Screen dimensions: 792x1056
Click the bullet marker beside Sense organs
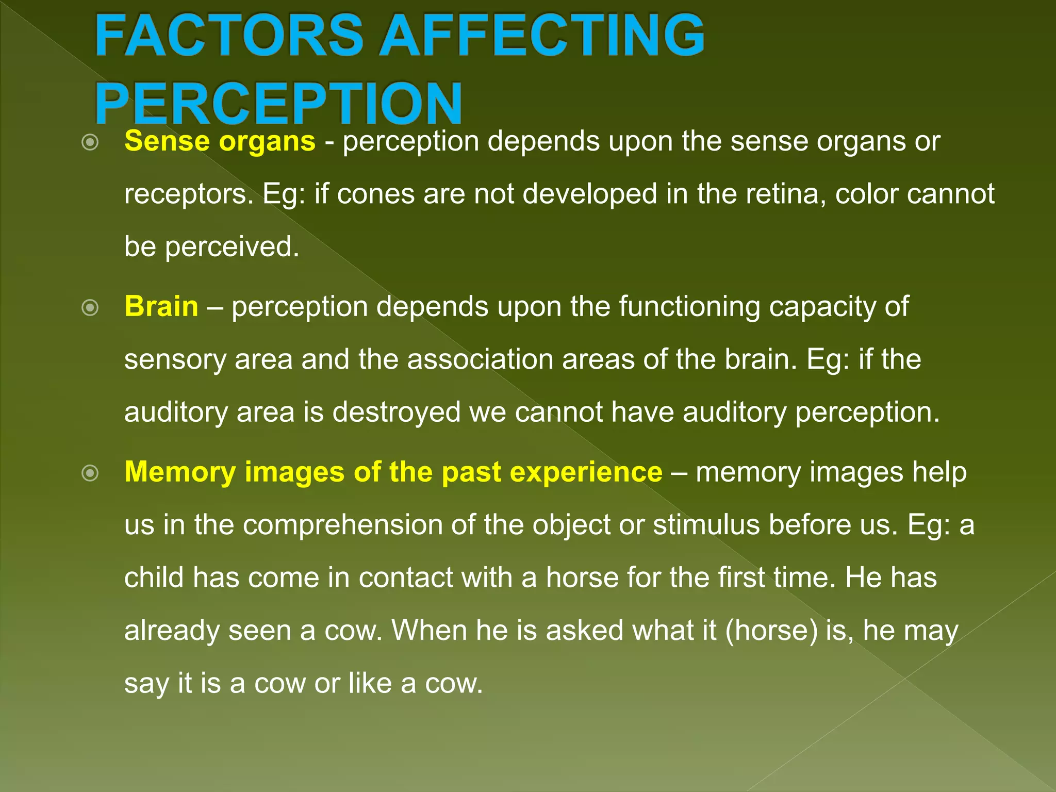[90, 142]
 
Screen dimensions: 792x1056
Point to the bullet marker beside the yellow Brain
[90, 308]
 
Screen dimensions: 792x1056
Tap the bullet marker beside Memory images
[90, 473]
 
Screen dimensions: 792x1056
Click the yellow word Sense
[167, 141]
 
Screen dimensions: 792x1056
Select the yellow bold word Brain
[161, 306]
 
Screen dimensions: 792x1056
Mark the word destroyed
[397, 412]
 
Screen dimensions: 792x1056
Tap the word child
[154, 577]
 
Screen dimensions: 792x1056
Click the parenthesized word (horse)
[771, 631]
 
